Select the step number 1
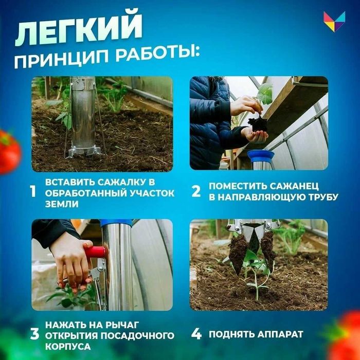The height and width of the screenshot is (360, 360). (33, 192)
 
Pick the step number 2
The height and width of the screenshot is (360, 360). (196, 192)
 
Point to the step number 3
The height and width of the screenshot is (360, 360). (34, 334)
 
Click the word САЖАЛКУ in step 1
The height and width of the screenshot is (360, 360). (120, 183)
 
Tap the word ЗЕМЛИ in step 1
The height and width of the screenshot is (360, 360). (60, 204)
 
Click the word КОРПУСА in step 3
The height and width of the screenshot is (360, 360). (66, 346)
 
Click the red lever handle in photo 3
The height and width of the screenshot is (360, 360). (95, 251)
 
